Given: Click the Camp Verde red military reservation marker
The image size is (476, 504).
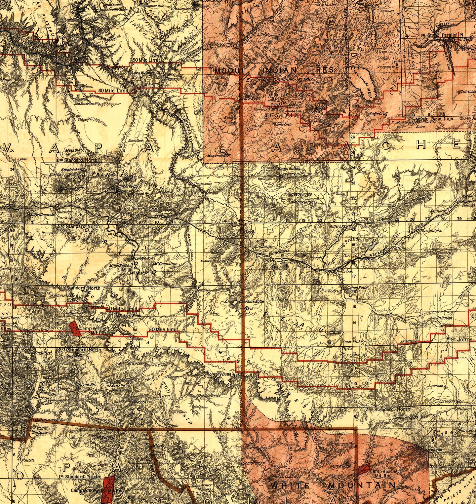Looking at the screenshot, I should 75,329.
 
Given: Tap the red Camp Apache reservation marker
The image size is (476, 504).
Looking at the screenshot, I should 364,469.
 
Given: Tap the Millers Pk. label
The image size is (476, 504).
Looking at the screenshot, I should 337,226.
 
